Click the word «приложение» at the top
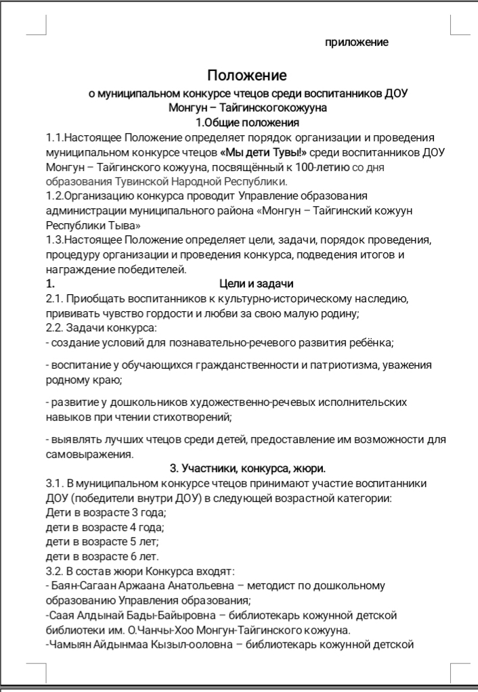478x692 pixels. pyautogui.click(x=357, y=43)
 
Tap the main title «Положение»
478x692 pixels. pyautogui.click(x=246, y=75)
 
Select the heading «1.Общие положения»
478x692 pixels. pyautogui.click(x=247, y=122)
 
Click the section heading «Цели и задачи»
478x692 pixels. pyautogui.click(x=257, y=283)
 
